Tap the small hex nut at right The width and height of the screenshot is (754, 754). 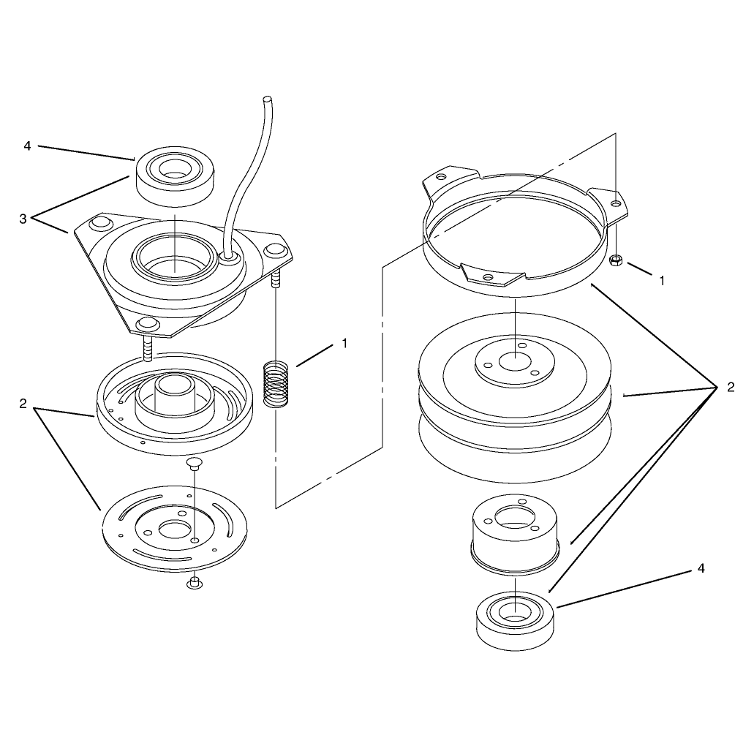pyautogui.click(x=616, y=261)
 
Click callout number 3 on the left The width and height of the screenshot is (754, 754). pyautogui.click(x=23, y=219)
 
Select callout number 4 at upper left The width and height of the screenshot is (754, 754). pyautogui.click(x=27, y=146)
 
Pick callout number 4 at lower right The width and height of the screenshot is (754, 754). pyautogui.click(x=701, y=568)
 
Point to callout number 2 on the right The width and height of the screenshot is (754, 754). pyautogui.click(x=731, y=387)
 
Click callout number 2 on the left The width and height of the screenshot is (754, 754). pyautogui.click(x=23, y=404)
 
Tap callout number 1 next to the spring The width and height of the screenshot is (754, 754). pyautogui.click(x=344, y=343)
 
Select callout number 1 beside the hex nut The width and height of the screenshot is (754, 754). pyautogui.click(x=662, y=281)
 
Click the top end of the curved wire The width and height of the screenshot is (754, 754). pyautogui.click(x=266, y=99)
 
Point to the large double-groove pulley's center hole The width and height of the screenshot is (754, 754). pyautogui.click(x=515, y=362)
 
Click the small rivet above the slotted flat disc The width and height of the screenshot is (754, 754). pyautogui.click(x=194, y=464)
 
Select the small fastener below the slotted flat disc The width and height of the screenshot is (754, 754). pyautogui.click(x=194, y=583)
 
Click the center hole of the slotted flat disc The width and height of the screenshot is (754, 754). pyautogui.click(x=174, y=529)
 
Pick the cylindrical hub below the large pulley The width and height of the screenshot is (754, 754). pyautogui.click(x=515, y=535)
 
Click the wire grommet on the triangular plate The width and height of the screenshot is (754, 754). pyautogui.click(x=230, y=259)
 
